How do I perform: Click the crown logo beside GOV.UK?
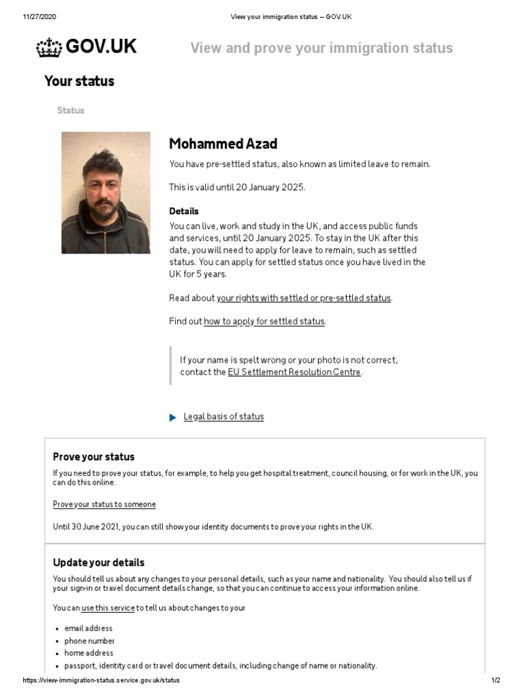tap(48, 48)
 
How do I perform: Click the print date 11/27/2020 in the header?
tap(39, 16)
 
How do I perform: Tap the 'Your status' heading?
tap(79, 81)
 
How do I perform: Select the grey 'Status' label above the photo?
tap(71, 110)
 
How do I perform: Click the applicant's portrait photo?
tap(106, 193)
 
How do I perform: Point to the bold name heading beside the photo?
tap(223, 144)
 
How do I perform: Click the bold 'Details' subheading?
tap(184, 211)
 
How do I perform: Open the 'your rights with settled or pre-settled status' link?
tap(304, 299)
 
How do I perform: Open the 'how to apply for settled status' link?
tap(264, 322)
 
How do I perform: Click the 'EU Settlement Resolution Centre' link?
tap(294, 372)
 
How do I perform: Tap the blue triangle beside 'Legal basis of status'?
tap(173, 417)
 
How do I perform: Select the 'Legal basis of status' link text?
tap(223, 417)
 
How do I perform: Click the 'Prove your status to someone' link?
tap(104, 504)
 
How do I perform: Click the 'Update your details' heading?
tap(99, 563)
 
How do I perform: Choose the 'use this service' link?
tap(108, 608)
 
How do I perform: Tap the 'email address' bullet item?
tap(89, 628)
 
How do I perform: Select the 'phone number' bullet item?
tap(89, 641)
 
